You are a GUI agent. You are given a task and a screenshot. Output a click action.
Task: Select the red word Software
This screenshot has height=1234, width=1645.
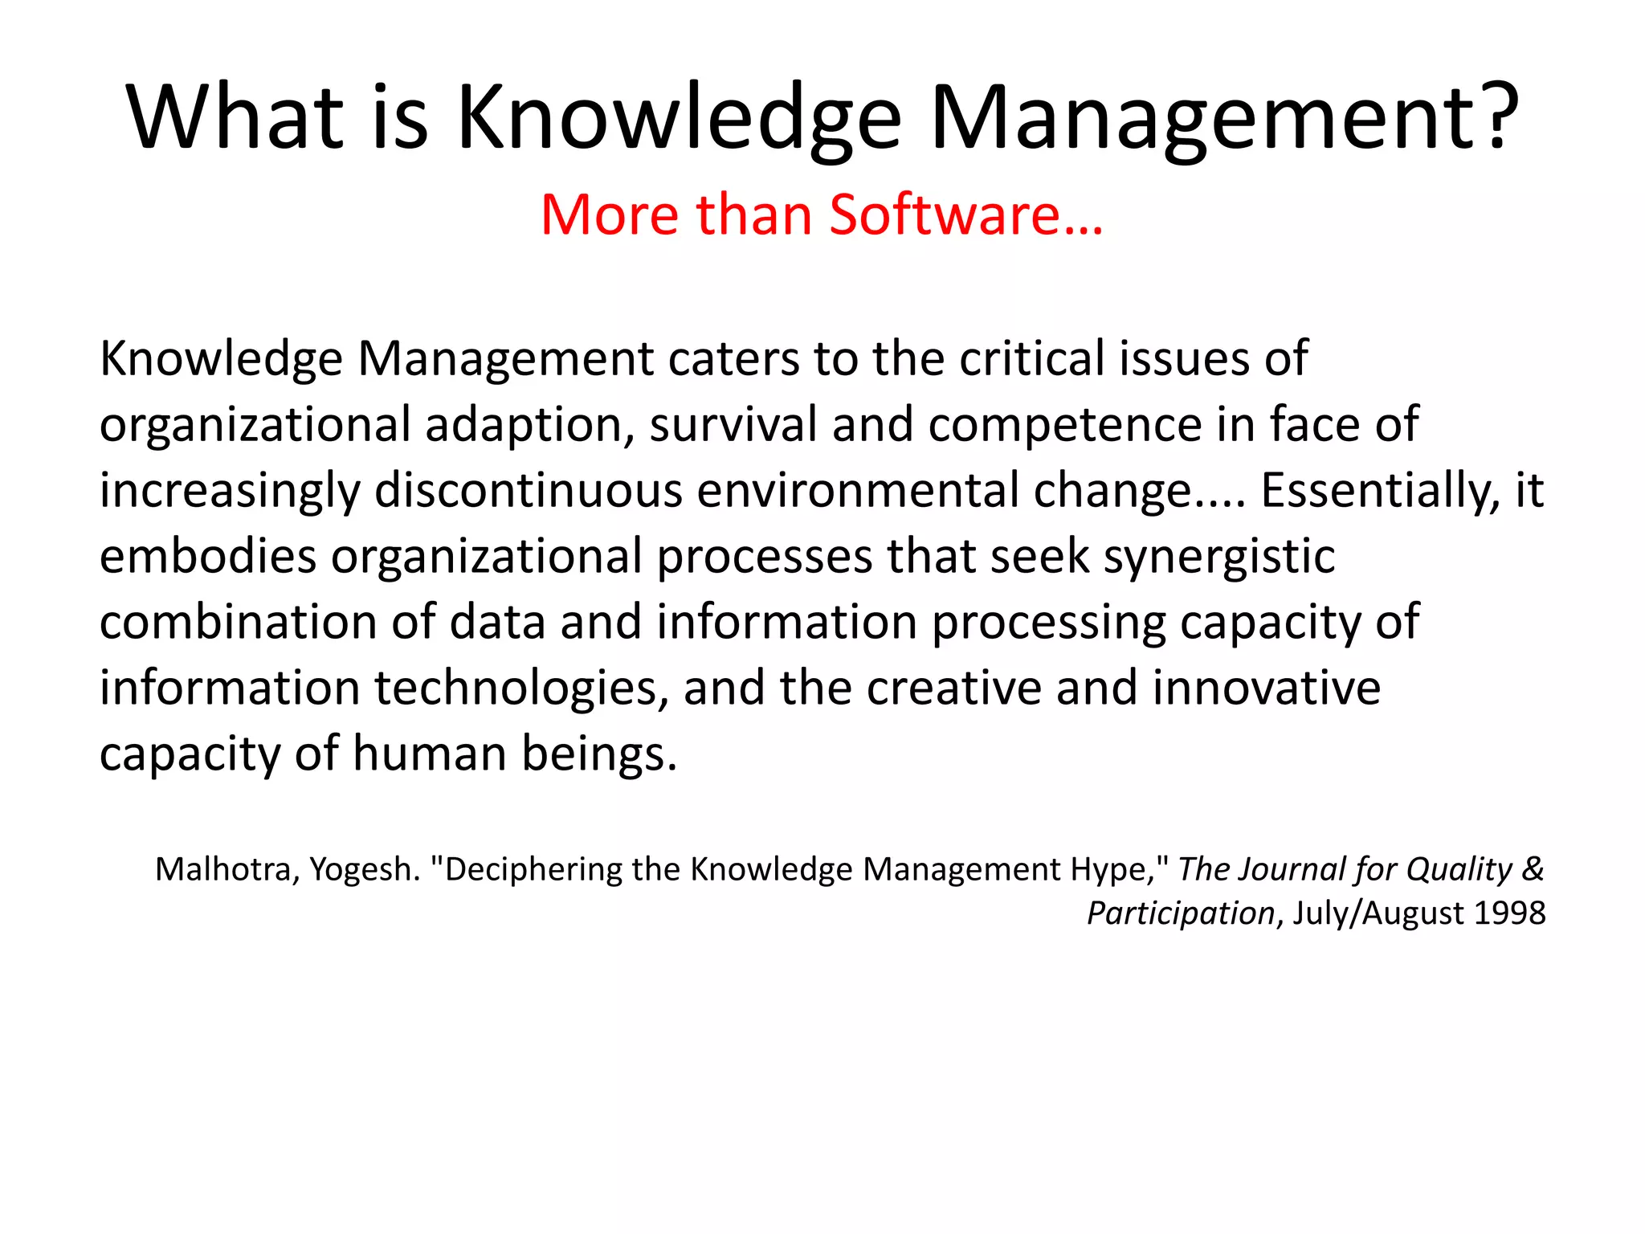tap(944, 215)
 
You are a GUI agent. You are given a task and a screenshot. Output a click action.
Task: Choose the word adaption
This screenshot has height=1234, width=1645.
tap(529, 425)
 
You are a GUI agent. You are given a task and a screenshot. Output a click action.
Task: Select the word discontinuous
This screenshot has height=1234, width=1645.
tap(528, 490)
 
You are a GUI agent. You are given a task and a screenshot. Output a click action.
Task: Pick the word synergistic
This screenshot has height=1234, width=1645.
tap(1218, 557)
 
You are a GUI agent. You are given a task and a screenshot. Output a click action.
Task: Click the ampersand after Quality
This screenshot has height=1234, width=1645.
tap(1533, 868)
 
